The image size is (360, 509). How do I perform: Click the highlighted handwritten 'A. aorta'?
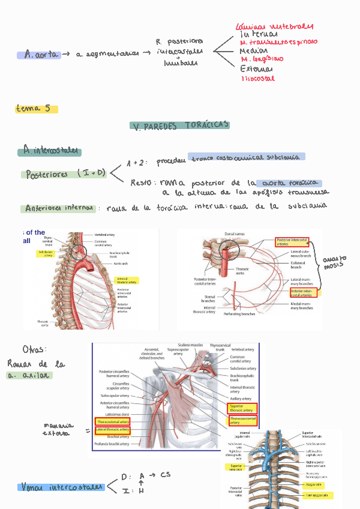(x=39, y=55)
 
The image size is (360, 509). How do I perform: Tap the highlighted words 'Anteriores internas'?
(x=59, y=208)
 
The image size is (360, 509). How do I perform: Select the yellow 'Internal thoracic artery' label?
(x=127, y=280)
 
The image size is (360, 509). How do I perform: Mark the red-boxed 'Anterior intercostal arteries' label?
(x=304, y=292)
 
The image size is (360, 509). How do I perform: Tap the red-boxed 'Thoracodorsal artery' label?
(x=113, y=421)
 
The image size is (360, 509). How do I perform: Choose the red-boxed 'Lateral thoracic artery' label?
(x=113, y=430)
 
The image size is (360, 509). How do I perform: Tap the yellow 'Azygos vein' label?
(x=314, y=484)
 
